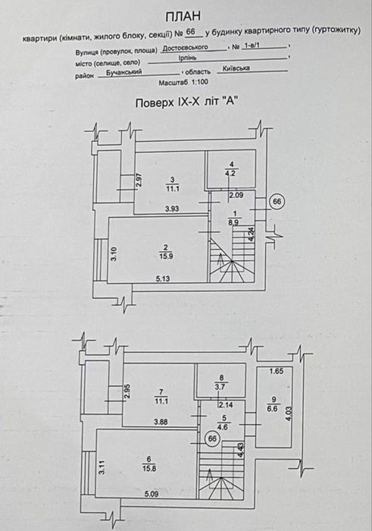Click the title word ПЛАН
pos(183,17)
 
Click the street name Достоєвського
pos(186,48)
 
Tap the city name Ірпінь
pos(188,58)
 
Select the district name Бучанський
pos(124,72)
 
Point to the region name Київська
pos(236,68)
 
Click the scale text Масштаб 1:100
pos(183,82)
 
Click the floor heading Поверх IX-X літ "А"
pos(185,102)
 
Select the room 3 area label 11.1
pos(173,189)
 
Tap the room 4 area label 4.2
pos(232,174)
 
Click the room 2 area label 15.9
pos(167,256)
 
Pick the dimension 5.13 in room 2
pos(163,278)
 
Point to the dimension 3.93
pos(172,209)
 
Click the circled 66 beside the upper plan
pos(277,202)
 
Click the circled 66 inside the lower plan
pos(212,438)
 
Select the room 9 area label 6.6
pos(272,409)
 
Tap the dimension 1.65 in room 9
pos(277,371)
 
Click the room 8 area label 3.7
pos(220,387)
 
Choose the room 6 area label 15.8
pos(148,469)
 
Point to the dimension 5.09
pos(152,494)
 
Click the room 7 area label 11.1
pos(161,401)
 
